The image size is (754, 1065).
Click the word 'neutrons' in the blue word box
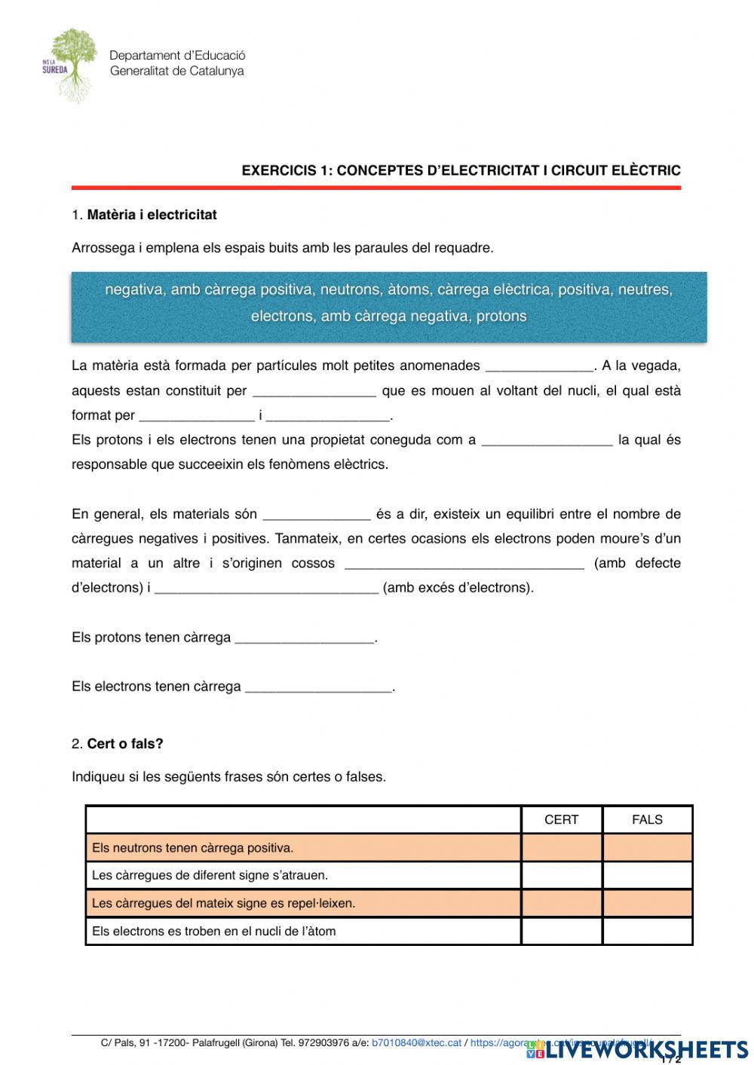351,289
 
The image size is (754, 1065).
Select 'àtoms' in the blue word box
409,289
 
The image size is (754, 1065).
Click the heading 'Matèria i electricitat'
152,215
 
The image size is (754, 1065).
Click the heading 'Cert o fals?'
125,744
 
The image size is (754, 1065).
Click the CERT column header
561,820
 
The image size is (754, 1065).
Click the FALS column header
647,820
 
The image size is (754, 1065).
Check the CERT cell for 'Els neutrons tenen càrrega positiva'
561,848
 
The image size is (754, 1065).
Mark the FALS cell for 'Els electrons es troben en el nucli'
647,931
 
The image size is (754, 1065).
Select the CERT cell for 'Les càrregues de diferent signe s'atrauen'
561,875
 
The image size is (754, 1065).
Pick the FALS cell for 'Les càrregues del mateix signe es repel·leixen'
647,903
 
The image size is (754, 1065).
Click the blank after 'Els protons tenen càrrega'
305,638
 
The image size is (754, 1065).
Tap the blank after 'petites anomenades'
539,366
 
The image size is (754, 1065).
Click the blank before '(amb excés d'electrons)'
265,588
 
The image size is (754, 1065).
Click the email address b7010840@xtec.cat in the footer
416,1043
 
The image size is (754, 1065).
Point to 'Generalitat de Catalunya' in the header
177,72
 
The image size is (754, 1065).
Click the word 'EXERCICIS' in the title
278,171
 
